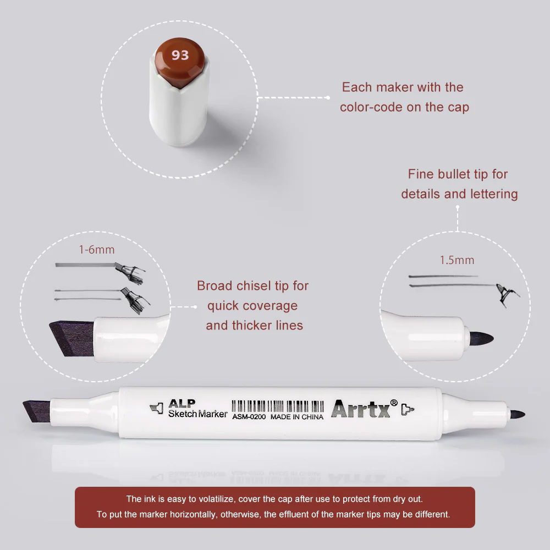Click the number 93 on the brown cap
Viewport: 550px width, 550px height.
(180, 55)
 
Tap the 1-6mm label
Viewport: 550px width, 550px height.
(97, 250)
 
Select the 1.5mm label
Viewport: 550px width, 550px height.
(457, 260)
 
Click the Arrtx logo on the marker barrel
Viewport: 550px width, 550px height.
(360, 409)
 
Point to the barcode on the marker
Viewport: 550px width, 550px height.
(278, 406)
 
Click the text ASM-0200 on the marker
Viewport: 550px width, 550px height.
(249, 417)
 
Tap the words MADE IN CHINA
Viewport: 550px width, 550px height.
(297, 417)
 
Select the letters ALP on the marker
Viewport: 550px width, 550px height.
(182, 403)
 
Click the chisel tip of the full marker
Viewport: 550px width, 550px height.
(36, 411)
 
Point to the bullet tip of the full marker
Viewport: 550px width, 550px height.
(517, 414)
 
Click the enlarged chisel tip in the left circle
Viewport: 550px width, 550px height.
(71, 338)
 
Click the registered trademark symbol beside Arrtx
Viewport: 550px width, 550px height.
(394, 403)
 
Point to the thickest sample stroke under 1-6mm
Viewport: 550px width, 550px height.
(85, 265)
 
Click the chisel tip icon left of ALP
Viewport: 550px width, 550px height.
(157, 408)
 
